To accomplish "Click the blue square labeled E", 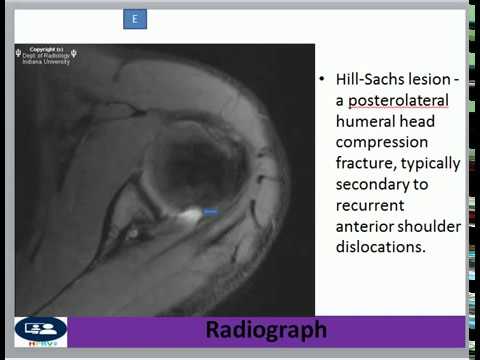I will (x=136, y=19).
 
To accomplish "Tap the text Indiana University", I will (x=45, y=60).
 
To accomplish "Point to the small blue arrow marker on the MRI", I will (x=210, y=212).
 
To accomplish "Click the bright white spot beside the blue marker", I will (x=190, y=213).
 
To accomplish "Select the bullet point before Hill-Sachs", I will (x=321, y=78).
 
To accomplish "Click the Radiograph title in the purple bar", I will (x=266, y=330).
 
